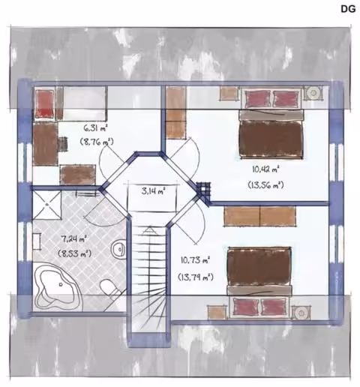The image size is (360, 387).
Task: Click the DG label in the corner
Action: coord(348,9)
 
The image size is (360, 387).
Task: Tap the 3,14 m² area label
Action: coord(154,191)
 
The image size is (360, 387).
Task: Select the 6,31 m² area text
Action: coord(95,129)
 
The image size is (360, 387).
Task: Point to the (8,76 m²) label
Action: coord(97,142)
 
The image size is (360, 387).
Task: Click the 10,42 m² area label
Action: coord(265,169)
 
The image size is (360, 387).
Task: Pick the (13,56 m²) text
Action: coord(265,185)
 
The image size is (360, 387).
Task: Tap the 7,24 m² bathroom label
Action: coord(74,239)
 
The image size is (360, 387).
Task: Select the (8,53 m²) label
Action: coord(74,253)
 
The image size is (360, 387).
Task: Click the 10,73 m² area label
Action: coord(195,260)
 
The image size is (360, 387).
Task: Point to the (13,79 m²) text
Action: coord(196,277)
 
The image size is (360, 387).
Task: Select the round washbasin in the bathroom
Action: coord(118,249)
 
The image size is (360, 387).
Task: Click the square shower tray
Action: coord(47,205)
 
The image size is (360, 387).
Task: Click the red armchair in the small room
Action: coord(44,103)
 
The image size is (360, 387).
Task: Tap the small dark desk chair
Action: coord(63,144)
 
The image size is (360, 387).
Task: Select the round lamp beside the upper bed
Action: coord(313,93)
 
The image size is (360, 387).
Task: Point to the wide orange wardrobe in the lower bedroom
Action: coord(259,216)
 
